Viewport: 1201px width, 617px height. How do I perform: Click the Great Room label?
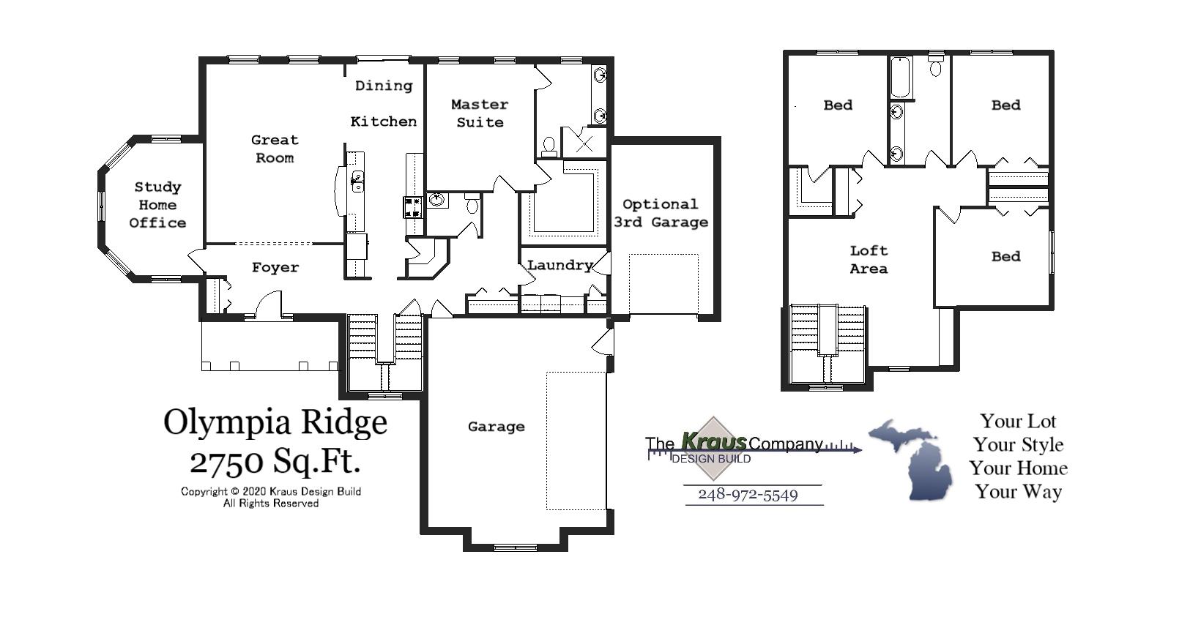pos(275,149)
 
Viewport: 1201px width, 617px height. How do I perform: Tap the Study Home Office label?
pos(157,205)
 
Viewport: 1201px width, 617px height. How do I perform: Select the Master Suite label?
pos(480,113)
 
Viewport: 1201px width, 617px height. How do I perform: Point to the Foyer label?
pos(275,268)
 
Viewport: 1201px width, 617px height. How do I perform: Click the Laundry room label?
pos(560,265)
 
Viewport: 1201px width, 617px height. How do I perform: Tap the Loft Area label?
pos(869,259)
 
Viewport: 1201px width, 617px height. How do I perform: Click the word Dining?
pos(384,86)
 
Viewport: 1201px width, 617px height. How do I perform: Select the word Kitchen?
pos(384,121)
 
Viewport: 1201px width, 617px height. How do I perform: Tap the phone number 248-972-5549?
pos(748,495)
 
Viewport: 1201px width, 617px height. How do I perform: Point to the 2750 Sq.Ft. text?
pos(275,461)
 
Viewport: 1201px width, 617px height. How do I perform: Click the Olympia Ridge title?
pos(275,422)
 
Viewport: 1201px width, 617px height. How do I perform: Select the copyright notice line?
pos(271,491)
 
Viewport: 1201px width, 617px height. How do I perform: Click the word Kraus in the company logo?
pos(713,441)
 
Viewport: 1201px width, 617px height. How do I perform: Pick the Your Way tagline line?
pos(1018,491)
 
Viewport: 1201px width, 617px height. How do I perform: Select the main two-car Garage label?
pos(496,426)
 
